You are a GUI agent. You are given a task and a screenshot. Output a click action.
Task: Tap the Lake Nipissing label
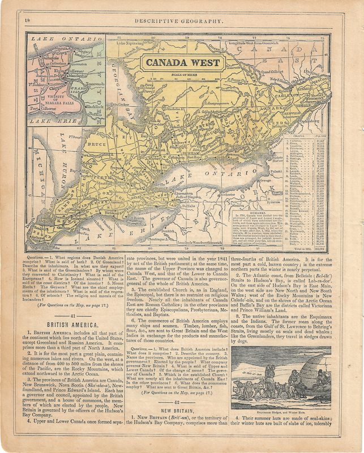click(x=130, y=42)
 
